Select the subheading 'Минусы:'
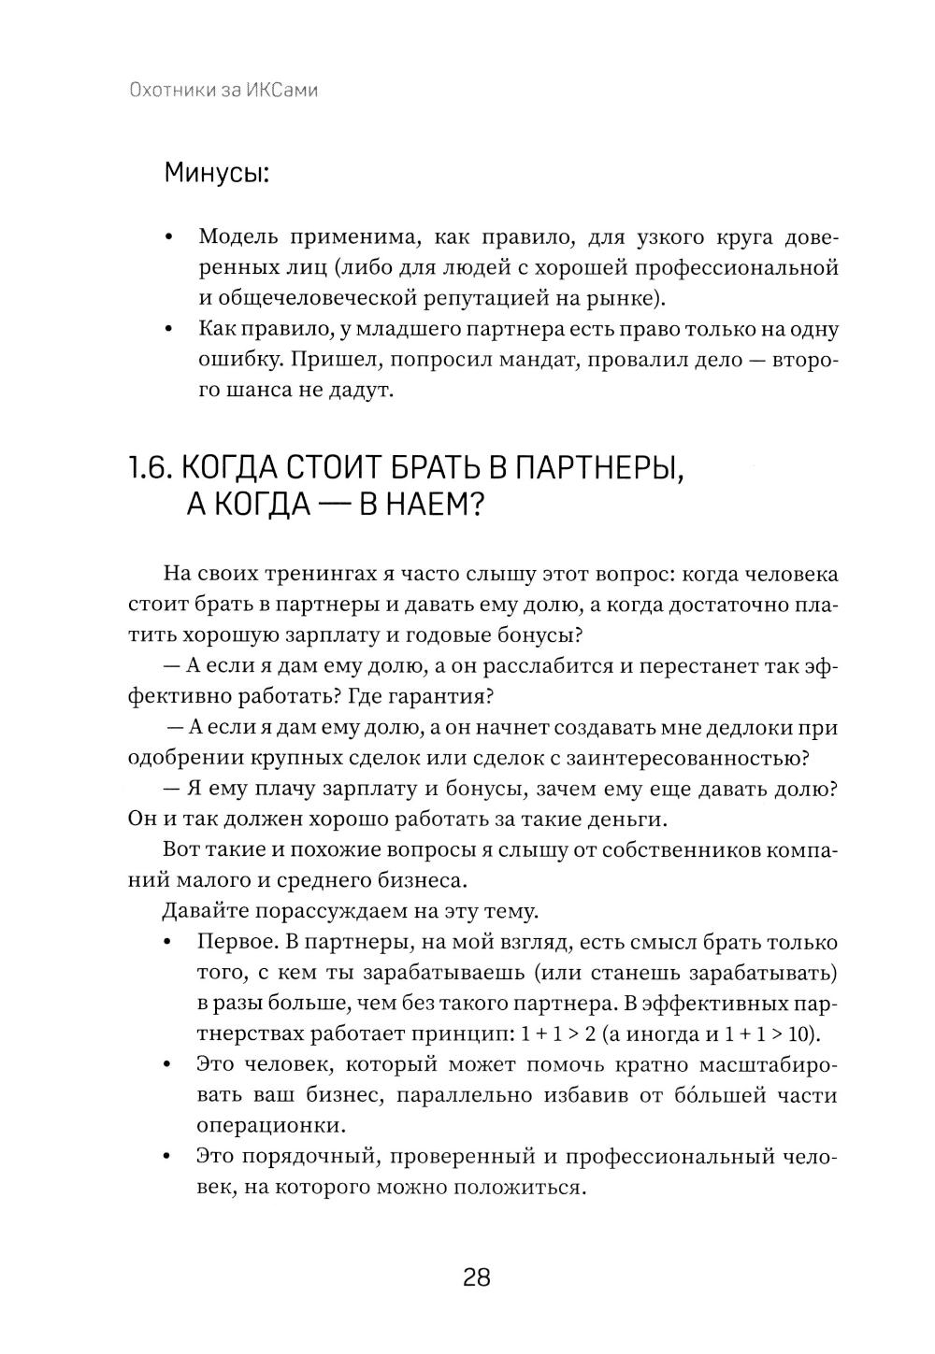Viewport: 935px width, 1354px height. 216,173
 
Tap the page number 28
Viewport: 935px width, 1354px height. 476,1276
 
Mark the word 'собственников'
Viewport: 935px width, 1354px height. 680,849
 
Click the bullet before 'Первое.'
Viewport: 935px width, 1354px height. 168,943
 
